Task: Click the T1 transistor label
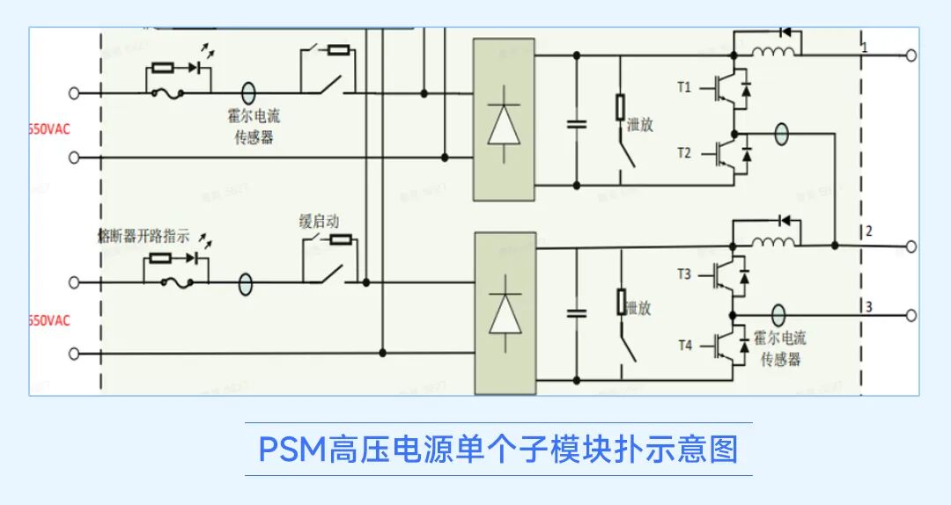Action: point(684,87)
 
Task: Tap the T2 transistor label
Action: point(684,153)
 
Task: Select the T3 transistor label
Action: point(684,274)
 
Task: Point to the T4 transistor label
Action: point(684,345)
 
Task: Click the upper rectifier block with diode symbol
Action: point(504,119)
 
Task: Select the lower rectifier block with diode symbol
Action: point(505,312)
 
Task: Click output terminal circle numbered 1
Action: point(911,55)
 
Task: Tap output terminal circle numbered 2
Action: point(911,247)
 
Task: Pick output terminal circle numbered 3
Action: point(911,315)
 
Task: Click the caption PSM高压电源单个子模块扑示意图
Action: point(498,450)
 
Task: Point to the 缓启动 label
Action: point(319,222)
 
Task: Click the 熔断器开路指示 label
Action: point(143,236)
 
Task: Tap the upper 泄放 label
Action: point(640,125)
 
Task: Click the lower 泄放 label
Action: point(638,308)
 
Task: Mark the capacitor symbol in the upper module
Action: point(577,122)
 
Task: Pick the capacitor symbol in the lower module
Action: point(577,312)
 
